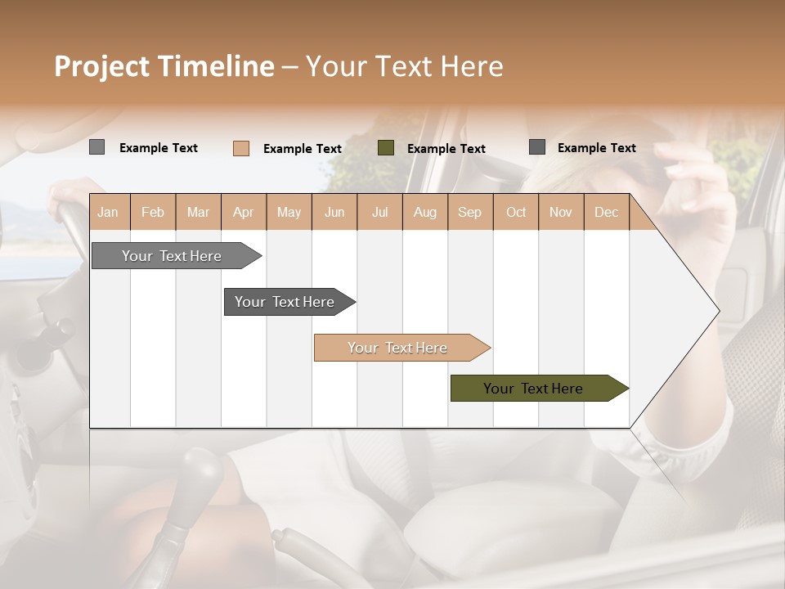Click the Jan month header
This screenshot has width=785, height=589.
(108, 212)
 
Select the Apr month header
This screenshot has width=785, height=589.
(243, 212)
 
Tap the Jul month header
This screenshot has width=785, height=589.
(379, 212)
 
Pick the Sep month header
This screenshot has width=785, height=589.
(469, 212)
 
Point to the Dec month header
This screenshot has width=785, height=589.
(606, 212)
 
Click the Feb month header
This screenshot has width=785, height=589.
(153, 212)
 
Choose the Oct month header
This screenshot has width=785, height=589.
(516, 212)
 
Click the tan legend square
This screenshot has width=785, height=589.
(241, 148)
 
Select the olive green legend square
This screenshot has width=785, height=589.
(386, 148)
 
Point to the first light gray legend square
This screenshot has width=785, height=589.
(96, 147)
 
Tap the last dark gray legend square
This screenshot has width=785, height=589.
(537, 147)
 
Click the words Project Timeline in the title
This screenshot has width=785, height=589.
(164, 66)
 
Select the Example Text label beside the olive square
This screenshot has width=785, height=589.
(446, 149)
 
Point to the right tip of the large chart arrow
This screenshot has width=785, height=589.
(718, 311)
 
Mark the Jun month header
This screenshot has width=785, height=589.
(334, 212)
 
